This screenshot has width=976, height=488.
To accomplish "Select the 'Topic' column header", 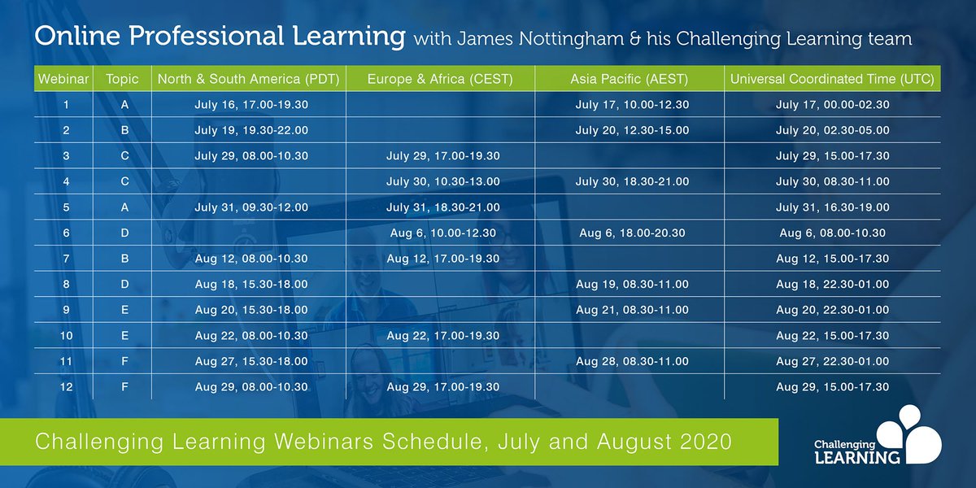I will coord(122,80).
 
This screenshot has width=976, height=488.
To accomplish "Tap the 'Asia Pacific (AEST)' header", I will coord(631,80).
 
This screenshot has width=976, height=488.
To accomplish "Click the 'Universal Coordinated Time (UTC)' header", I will coord(832,80).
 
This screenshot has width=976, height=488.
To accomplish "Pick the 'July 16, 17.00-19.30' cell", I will coord(251,105).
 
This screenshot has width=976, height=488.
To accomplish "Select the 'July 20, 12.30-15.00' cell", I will coord(631,130).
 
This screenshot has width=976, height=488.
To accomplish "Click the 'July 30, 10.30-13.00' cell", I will coord(442,181).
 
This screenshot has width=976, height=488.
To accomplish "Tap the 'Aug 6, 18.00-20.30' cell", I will coord(631,233).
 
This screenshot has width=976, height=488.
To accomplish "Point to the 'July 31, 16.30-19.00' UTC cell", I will coord(832,207).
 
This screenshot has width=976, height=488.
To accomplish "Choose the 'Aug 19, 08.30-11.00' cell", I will coord(631,285).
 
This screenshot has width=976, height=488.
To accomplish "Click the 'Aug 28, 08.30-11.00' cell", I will coord(631,361).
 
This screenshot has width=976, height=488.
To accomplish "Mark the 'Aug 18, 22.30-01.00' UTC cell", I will coord(832,285).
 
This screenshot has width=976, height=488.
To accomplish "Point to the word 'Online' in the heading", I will coord(79,37).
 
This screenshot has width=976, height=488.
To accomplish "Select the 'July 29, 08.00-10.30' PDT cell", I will coord(251,156).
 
